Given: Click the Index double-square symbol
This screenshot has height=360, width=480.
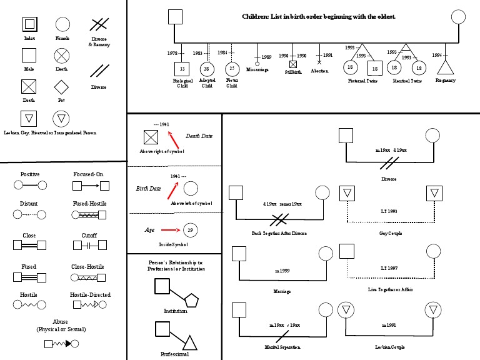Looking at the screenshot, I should pos(29,24).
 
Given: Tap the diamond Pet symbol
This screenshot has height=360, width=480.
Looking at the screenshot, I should pos(61,86).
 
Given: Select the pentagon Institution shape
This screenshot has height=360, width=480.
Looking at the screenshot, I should pos(191,300).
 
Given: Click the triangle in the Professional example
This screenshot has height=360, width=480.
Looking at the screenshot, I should pos(190,342).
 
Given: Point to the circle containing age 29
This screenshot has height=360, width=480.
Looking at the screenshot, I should pos(191,229).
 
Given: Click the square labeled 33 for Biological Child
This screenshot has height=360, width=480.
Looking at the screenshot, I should pos(181,68).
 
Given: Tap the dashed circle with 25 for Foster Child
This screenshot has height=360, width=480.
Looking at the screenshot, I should pos(232,68).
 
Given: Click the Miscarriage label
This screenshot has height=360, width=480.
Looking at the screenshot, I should pos(257,69).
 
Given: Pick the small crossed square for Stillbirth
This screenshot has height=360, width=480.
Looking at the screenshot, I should pos(293,64).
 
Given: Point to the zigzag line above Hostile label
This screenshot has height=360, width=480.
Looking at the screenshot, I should pos(29,305).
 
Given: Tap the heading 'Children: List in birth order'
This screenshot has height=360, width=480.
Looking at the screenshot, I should pos(319,16).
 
